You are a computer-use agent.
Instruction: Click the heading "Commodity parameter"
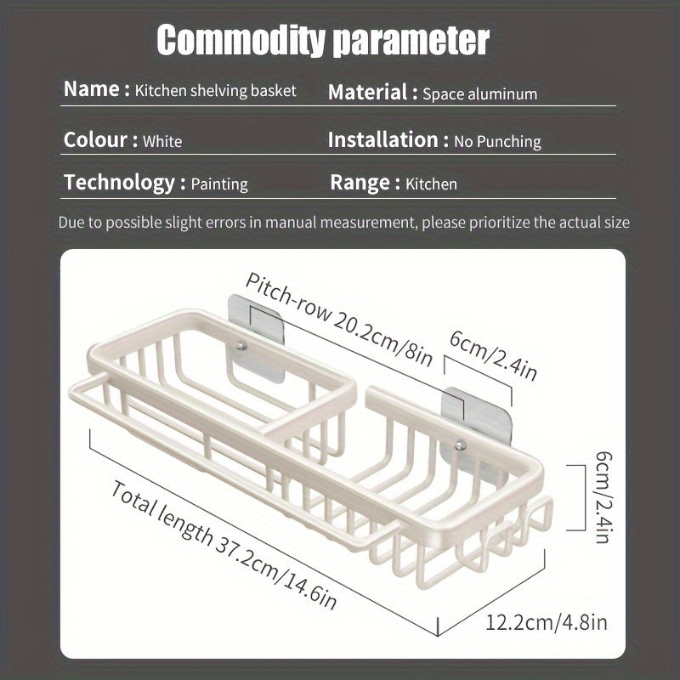click(323, 40)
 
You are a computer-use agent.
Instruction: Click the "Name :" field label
click(96, 89)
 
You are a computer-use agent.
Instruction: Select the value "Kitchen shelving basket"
click(216, 90)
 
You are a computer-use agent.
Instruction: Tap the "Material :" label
click(372, 93)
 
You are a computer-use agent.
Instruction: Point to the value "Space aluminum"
click(479, 94)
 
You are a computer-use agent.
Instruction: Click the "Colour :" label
click(100, 139)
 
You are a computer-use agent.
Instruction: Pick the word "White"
click(162, 141)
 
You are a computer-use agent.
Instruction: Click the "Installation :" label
click(388, 139)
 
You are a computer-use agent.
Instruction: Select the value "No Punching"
click(497, 141)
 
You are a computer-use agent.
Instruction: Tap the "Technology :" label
click(125, 183)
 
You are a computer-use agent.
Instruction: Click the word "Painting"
click(219, 184)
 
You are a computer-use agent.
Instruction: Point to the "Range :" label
click(365, 183)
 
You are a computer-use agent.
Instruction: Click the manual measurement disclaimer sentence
click(344, 223)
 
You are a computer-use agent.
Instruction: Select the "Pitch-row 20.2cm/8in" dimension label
click(339, 320)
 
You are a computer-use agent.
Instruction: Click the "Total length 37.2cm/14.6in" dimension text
click(224, 545)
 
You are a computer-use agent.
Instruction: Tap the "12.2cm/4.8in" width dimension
click(546, 622)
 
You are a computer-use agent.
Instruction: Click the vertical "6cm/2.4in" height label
click(603, 497)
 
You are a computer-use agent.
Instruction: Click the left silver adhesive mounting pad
click(256, 338)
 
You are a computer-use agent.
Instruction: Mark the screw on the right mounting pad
click(461, 445)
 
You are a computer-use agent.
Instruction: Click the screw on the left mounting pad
click(241, 346)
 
